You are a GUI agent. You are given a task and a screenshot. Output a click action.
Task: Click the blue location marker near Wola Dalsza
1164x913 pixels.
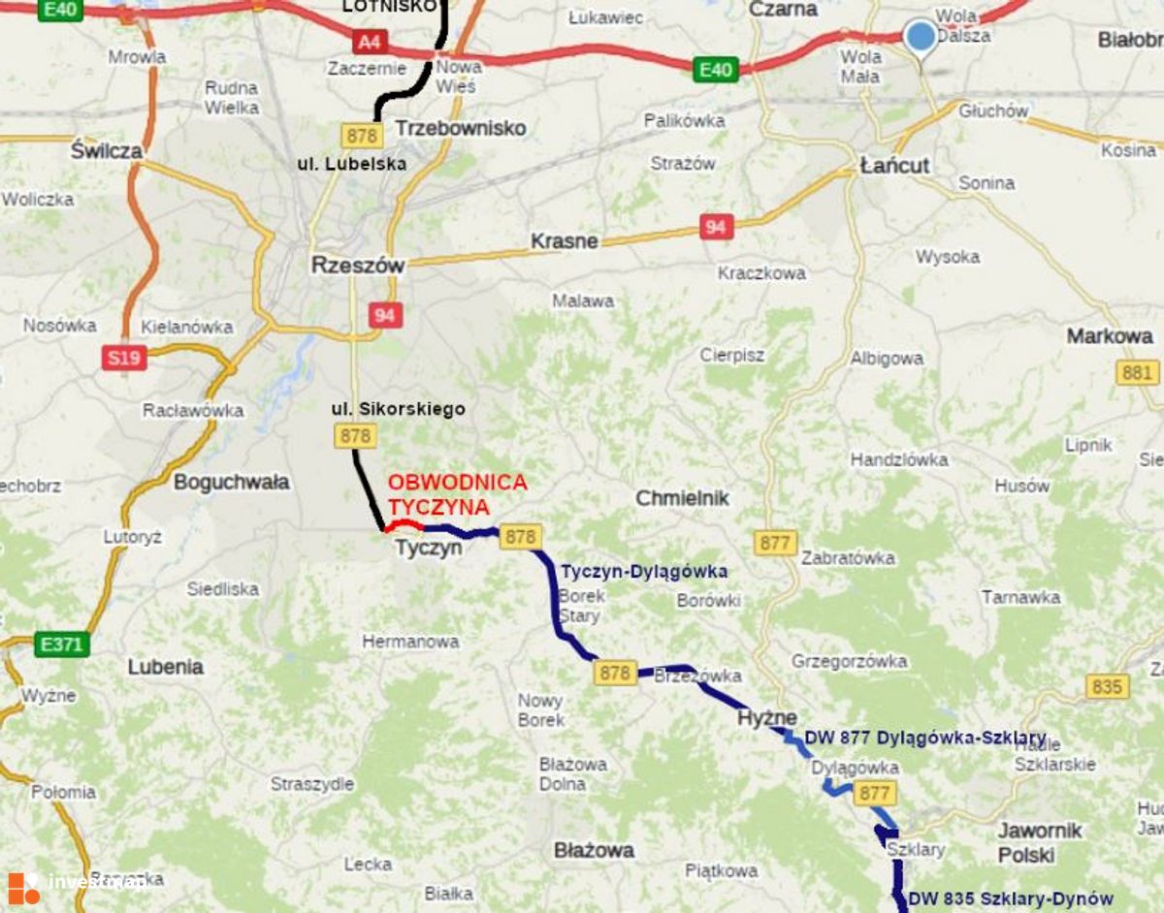point(920,37)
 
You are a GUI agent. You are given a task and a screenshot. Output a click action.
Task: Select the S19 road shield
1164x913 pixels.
point(124,358)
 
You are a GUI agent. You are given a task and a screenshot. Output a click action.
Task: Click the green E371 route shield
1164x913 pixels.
point(61,644)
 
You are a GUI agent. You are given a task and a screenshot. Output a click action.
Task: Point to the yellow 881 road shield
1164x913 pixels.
point(1137,372)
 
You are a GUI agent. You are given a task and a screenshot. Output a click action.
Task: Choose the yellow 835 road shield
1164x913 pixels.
point(1106,687)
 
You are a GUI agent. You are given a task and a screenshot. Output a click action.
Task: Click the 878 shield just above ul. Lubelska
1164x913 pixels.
point(362,134)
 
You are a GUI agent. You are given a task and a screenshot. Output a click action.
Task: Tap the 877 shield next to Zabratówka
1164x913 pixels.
point(775,543)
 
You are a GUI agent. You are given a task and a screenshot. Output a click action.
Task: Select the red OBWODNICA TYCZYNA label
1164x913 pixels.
point(457,494)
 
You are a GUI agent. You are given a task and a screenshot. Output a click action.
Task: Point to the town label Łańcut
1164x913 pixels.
point(894,166)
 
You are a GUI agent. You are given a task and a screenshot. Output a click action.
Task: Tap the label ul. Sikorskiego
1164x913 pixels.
point(398,409)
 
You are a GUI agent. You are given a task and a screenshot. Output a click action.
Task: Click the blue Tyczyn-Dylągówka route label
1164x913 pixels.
point(644,572)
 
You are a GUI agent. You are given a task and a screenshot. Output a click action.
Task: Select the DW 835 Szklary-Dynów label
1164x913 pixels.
point(1011,898)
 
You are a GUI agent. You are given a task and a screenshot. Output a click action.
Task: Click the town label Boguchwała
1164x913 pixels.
point(231,482)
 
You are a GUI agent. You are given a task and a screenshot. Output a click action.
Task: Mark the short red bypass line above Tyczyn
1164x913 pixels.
point(404,525)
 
